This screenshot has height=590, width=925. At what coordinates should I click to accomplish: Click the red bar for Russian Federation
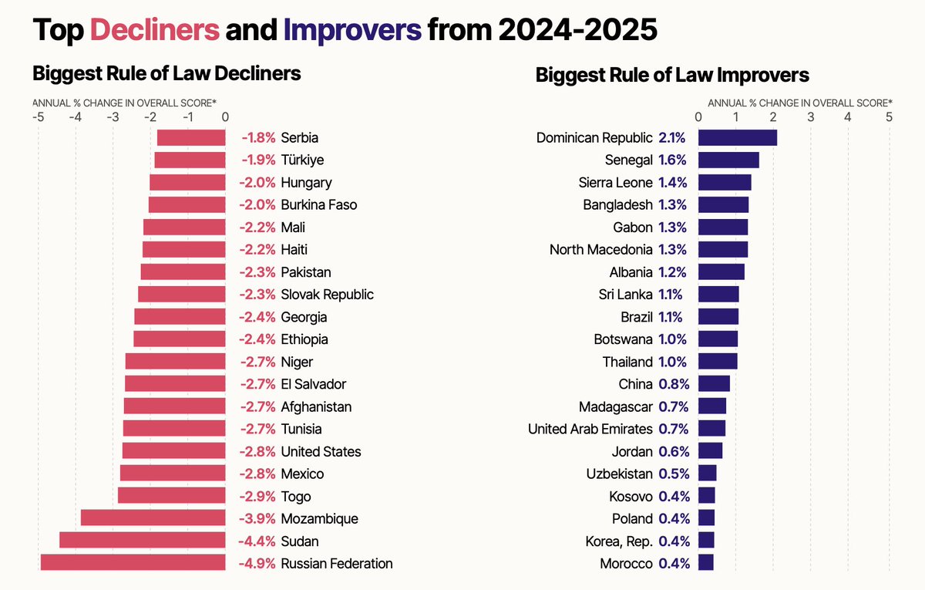[x=133, y=563]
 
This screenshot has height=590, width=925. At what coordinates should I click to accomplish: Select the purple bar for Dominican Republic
[x=737, y=138]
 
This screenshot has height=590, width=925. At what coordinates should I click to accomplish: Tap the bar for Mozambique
[x=153, y=518]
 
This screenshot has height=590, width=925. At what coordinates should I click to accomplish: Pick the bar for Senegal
[x=728, y=160]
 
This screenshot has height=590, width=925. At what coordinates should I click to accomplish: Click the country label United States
[x=321, y=451]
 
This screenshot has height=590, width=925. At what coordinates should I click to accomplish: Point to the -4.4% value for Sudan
[x=257, y=541]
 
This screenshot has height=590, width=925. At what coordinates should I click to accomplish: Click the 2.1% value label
[x=672, y=138]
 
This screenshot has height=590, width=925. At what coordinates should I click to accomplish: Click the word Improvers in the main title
[x=352, y=30]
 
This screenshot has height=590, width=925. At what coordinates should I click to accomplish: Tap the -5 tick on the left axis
[x=38, y=117]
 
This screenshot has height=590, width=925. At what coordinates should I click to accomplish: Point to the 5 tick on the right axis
[x=889, y=117]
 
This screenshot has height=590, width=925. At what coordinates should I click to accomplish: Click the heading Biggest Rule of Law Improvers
[x=671, y=75]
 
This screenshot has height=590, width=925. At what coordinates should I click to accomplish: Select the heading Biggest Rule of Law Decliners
[x=166, y=73]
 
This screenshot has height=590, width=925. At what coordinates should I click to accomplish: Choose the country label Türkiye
[x=302, y=160]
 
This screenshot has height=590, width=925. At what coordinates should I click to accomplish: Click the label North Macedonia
[x=600, y=249]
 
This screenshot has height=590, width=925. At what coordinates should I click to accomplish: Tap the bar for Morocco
[x=705, y=563]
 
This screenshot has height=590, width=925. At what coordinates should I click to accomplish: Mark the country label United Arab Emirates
[x=590, y=429]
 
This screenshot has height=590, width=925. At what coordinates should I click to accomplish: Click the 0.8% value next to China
[x=674, y=384]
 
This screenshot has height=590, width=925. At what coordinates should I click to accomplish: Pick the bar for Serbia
[x=191, y=138]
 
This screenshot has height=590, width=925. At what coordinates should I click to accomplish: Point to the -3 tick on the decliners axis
[x=113, y=117]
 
